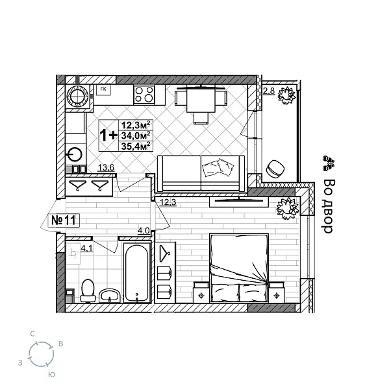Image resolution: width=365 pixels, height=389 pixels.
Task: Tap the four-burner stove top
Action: (144, 96)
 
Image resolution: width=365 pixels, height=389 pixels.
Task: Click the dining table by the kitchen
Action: (199, 101)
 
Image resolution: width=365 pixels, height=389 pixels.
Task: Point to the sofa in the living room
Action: (202, 174)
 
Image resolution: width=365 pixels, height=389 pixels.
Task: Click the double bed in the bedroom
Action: (238, 266)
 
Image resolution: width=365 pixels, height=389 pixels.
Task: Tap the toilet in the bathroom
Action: (88, 290)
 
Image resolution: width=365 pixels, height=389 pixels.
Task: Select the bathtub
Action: (137, 273)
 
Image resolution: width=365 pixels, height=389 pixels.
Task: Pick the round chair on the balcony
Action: (275, 169)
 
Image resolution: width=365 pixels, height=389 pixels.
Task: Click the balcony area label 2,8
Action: (268, 91)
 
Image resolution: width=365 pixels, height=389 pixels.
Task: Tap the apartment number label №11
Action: (64, 220)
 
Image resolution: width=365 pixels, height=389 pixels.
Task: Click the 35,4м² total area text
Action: (136, 146)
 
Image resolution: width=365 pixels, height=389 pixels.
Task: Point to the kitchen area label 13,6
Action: (106, 169)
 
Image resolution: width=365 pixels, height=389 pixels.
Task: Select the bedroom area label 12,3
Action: (168, 202)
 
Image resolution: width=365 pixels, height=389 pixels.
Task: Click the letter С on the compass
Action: (32, 333)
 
